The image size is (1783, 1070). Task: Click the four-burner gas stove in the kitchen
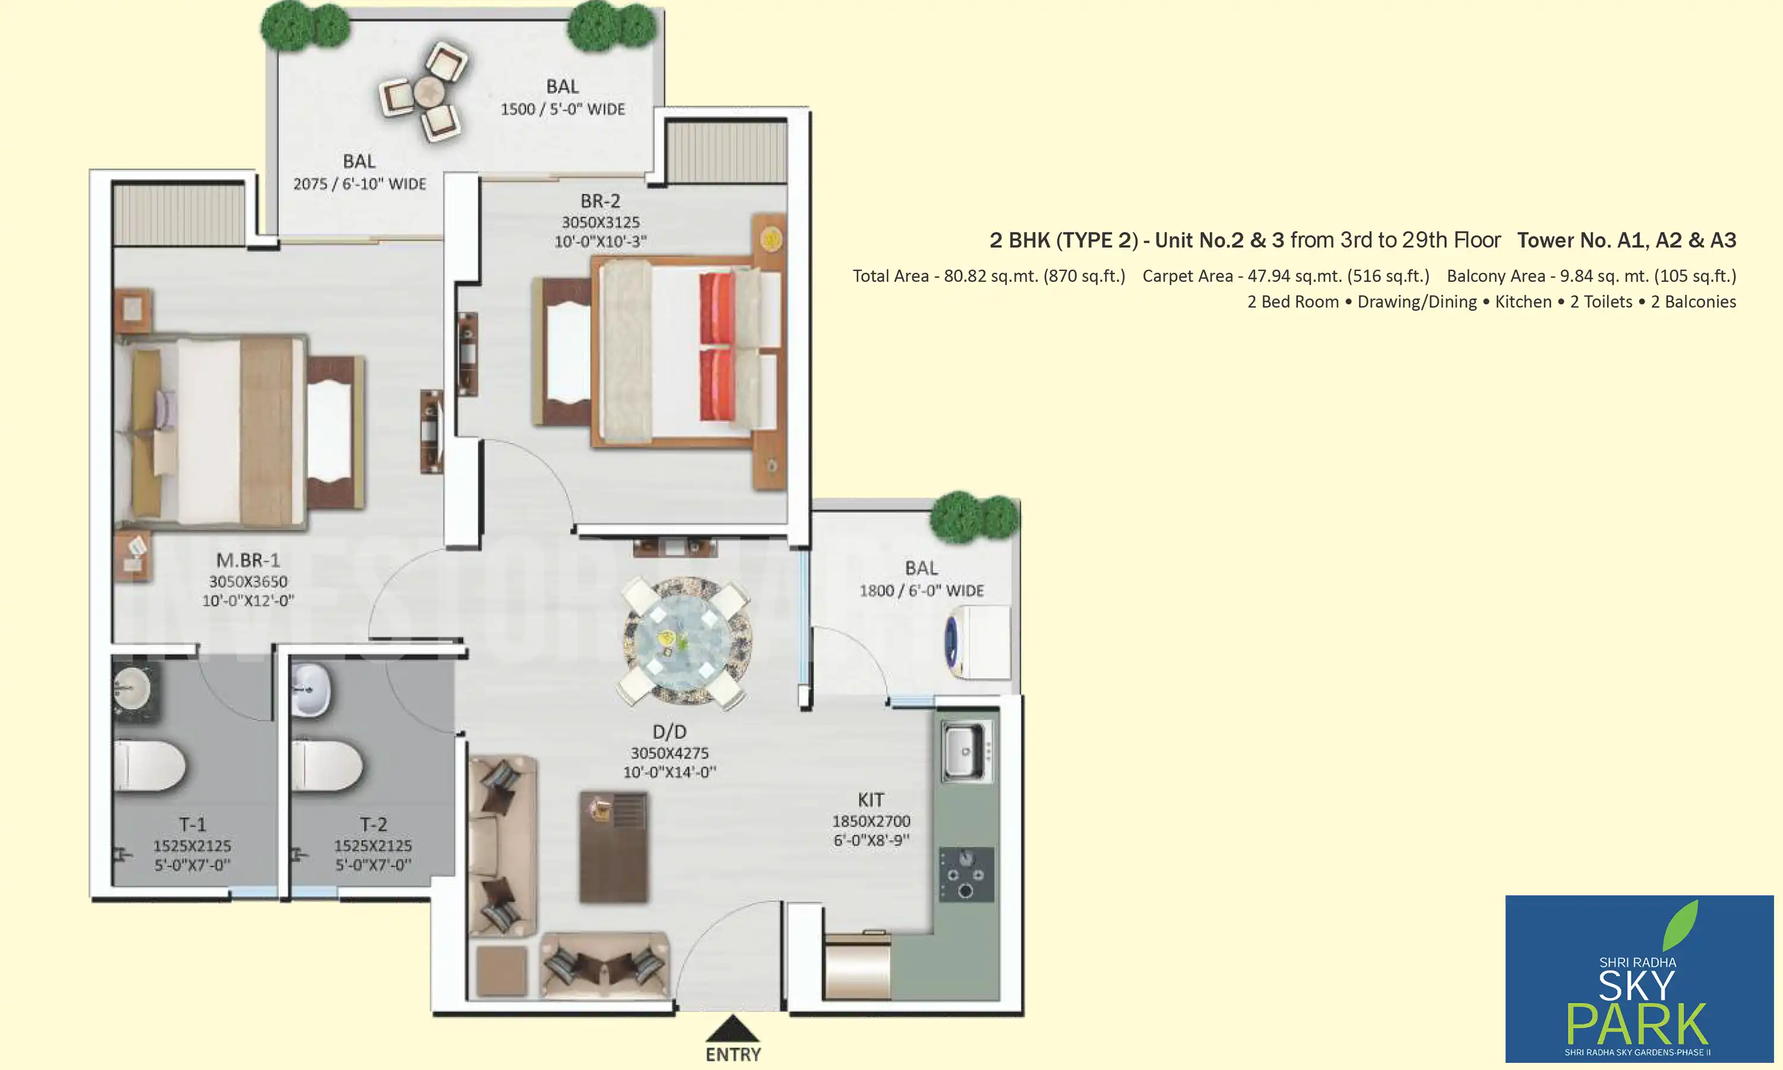(x=966, y=874)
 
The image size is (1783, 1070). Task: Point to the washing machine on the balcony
(x=977, y=642)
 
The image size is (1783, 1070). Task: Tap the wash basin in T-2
(x=311, y=690)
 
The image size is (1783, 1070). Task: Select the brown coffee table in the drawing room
(x=613, y=847)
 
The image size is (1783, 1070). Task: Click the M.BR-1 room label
(x=248, y=560)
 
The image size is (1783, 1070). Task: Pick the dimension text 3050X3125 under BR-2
(x=600, y=222)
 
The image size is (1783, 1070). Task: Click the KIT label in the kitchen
(x=871, y=800)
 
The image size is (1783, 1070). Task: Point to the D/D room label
(x=669, y=732)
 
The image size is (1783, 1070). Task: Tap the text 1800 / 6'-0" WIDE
(x=921, y=590)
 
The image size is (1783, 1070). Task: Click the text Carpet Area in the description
(x=1187, y=276)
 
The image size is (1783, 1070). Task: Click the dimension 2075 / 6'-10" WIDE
(x=359, y=184)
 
